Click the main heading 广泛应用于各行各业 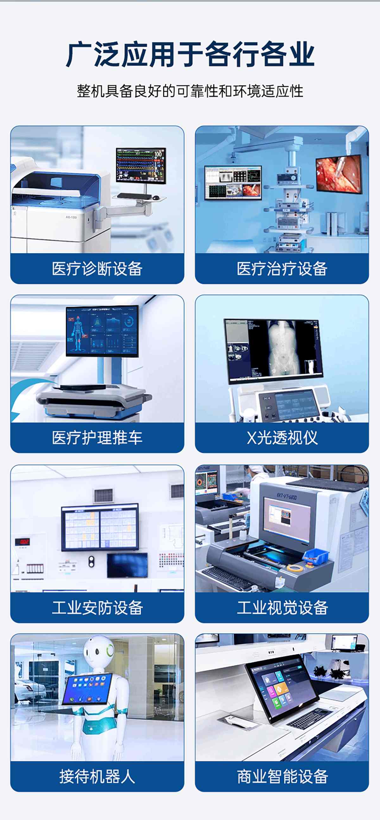pyautogui.click(x=190, y=54)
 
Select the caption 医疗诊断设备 pyautogui.click(x=97, y=269)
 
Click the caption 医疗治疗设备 pyautogui.click(x=282, y=269)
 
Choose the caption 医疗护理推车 pyautogui.click(x=97, y=438)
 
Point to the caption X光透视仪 pyautogui.click(x=282, y=438)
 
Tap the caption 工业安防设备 pyautogui.click(x=97, y=608)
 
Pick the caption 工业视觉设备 pyautogui.click(x=282, y=608)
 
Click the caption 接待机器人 pyautogui.click(x=97, y=776)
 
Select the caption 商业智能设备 pyautogui.click(x=282, y=776)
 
